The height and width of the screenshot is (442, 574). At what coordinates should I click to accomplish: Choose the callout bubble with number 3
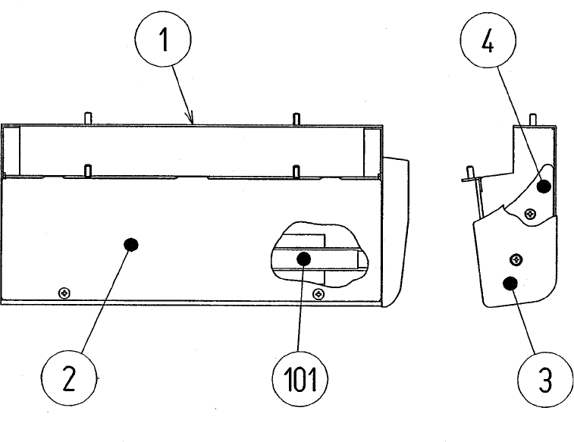point(544,381)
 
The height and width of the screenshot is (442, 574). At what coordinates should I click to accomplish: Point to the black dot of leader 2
point(130,244)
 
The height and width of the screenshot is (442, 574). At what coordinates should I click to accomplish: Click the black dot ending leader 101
point(303,259)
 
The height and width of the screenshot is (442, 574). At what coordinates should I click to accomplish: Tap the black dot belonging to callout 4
point(543,187)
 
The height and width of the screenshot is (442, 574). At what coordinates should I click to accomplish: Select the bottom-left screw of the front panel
point(64,291)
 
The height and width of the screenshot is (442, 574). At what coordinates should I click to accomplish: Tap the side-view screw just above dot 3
point(516,259)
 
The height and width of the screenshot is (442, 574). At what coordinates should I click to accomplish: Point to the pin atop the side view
point(533,119)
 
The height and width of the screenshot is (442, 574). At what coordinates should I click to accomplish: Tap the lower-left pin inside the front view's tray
point(89,171)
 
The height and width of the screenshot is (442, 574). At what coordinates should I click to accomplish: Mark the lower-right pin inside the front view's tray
point(296,171)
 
